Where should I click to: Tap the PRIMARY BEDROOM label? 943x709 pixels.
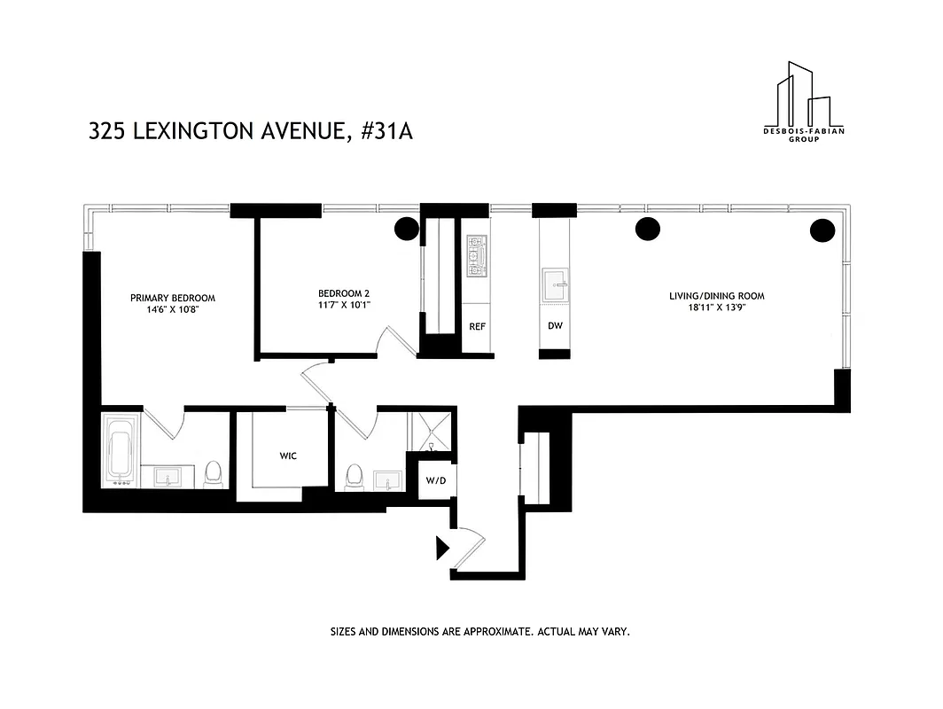click(x=173, y=298)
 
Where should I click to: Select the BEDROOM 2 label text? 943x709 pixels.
click(x=344, y=293)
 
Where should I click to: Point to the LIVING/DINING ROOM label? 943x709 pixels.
click(x=716, y=296)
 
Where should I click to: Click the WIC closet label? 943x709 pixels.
click(x=288, y=456)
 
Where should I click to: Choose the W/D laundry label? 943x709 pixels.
click(x=435, y=481)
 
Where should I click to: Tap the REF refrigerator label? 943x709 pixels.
click(x=477, y=326)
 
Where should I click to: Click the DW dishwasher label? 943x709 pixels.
click(x=555, y=326)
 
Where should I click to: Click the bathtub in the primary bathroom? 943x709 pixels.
click(x=121, y=450)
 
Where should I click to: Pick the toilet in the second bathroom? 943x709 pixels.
click(x=355, y=476)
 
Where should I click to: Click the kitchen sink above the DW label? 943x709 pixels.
click(x=556, y=284)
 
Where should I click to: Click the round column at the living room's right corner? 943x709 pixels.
click(x=822, y=230)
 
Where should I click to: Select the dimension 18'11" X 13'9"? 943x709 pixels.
click(x=716, y=308)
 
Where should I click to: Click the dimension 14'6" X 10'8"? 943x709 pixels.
click(x=173, y=310)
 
